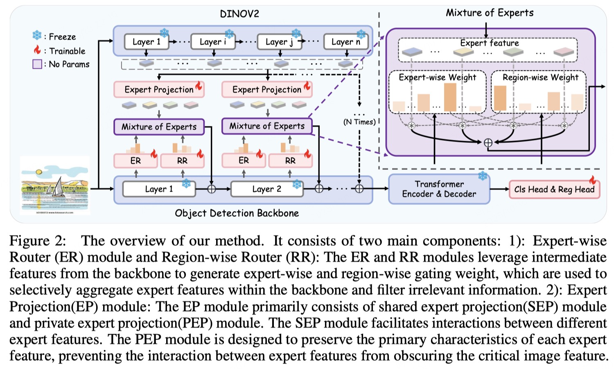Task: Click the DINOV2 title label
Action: click(239, 14)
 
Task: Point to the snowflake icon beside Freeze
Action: click(37, 36)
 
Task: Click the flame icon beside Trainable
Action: click(37, 50)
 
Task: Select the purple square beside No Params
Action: click(37, 64)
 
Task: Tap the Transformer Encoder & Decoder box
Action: click(439, 189)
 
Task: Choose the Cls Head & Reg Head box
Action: click(554, 189)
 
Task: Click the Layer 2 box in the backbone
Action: click(267, 189)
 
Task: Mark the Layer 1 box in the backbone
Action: click(159, 189)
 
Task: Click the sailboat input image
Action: click(55, 185)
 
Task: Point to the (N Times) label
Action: click(359, 122)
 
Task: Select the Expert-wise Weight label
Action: click(438, 77)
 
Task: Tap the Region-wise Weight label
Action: click(540, 77)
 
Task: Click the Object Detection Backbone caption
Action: click(237, 213)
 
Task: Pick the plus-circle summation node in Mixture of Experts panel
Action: click(488, 143)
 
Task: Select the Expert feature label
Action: click(489, 43)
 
